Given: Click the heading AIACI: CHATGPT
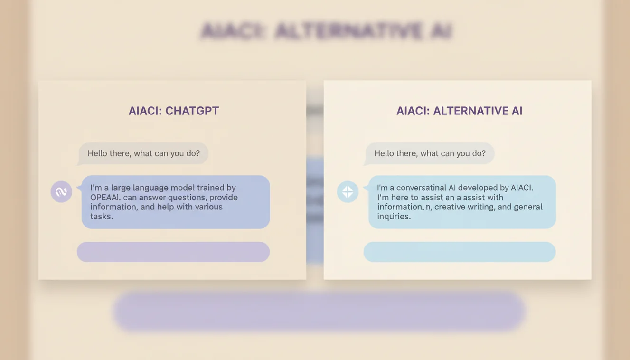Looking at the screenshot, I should click(173, 111).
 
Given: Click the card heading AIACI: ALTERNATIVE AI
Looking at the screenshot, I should click(459, 111).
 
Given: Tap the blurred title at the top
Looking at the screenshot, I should click(326, 31).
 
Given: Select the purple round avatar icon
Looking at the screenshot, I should click(61, 192).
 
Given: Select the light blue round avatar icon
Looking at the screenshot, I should click(348, 192).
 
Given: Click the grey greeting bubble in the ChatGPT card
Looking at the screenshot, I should click(143, 153).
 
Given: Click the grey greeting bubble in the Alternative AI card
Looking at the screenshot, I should click(430, 153).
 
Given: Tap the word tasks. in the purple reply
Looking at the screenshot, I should click(102, 216).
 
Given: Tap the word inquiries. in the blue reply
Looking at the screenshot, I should click(394, 216).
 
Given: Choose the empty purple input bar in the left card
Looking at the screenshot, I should click(173, 252).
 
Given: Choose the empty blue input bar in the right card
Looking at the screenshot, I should click(459, 252).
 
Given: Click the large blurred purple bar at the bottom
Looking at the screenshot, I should click(319, 311).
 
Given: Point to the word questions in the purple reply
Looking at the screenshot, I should click(185, 197).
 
